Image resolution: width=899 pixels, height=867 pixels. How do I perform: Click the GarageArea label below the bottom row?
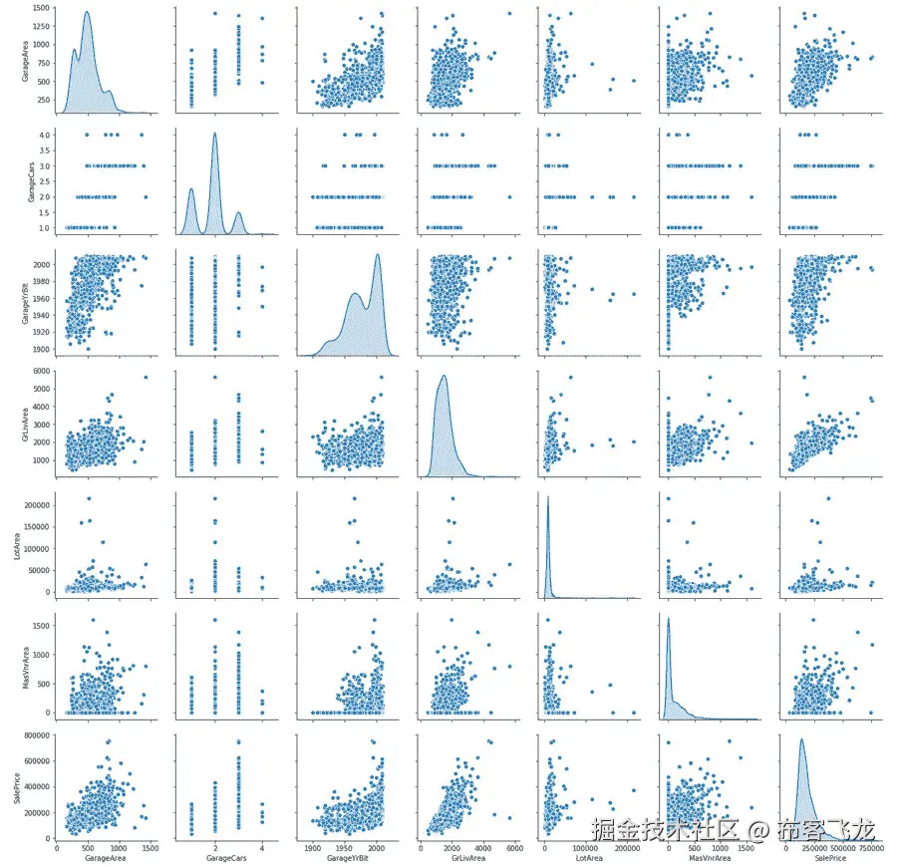click(x=105, y=857)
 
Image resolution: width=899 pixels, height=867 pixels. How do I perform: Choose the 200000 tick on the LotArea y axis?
click(x=34, y=505)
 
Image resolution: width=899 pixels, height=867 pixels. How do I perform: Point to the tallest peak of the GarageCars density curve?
click(x=214, y=134)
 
